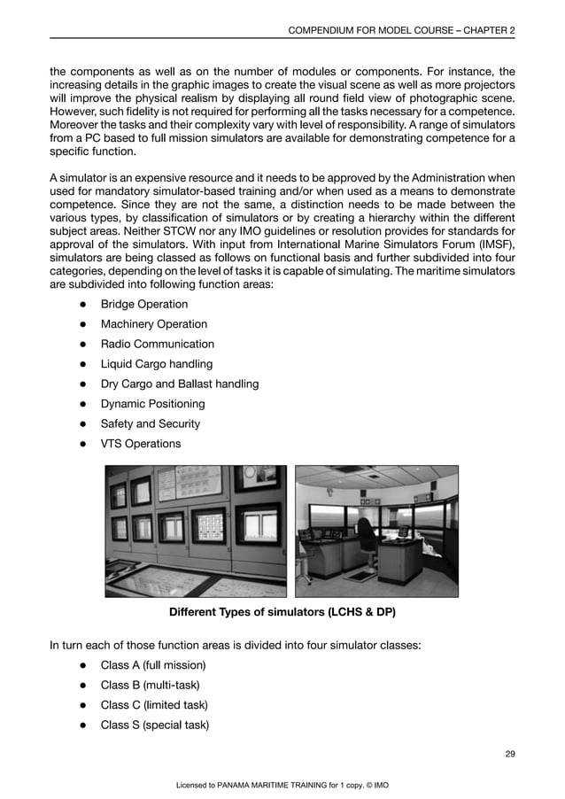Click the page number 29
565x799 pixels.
click(x=509, y=754)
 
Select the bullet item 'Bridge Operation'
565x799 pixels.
click(x=143, y=304)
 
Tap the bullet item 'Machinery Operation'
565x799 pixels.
click(x=153, y=324)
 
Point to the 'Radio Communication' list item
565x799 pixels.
click(x=157, y=344)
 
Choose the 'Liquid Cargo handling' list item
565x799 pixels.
click(x=156, y=364)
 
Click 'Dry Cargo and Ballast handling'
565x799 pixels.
click(x=179, y=384)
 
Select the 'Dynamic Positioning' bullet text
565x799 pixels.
click(x=152, y=404)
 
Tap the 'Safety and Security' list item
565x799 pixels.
click(x=150, y=423)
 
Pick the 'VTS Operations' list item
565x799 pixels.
click(x=140, y=444)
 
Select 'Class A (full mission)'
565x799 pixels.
click(x=152, y=665)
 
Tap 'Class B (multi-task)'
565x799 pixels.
click(x=150, y=685)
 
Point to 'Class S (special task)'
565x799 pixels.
click(x=154, y=725)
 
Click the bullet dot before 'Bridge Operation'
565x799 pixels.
click(x=81, y=305)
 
